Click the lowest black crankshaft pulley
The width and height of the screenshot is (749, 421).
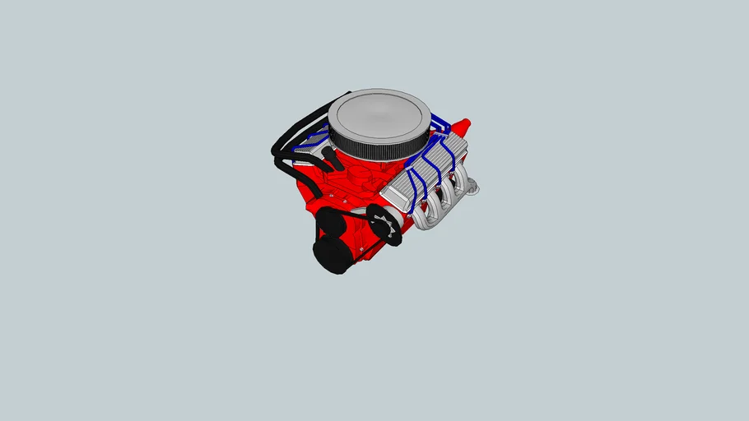[x=331, y=257]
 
